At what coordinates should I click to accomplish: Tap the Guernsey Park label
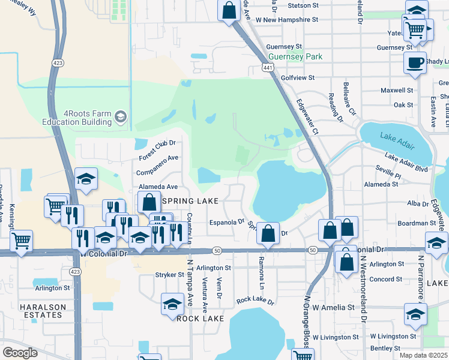(295, 57)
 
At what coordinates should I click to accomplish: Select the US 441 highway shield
(265, 68)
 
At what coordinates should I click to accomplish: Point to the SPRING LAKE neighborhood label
(187, 200)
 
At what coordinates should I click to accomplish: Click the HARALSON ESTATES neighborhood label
(41, 310)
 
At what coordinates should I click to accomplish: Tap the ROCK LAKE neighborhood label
(200, 319)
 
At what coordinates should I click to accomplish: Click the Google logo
(20, 352)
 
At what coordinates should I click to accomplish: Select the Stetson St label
(303, 5)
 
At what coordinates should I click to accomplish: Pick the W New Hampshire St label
(286, 19)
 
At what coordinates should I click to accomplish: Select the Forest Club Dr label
(156, 150)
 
